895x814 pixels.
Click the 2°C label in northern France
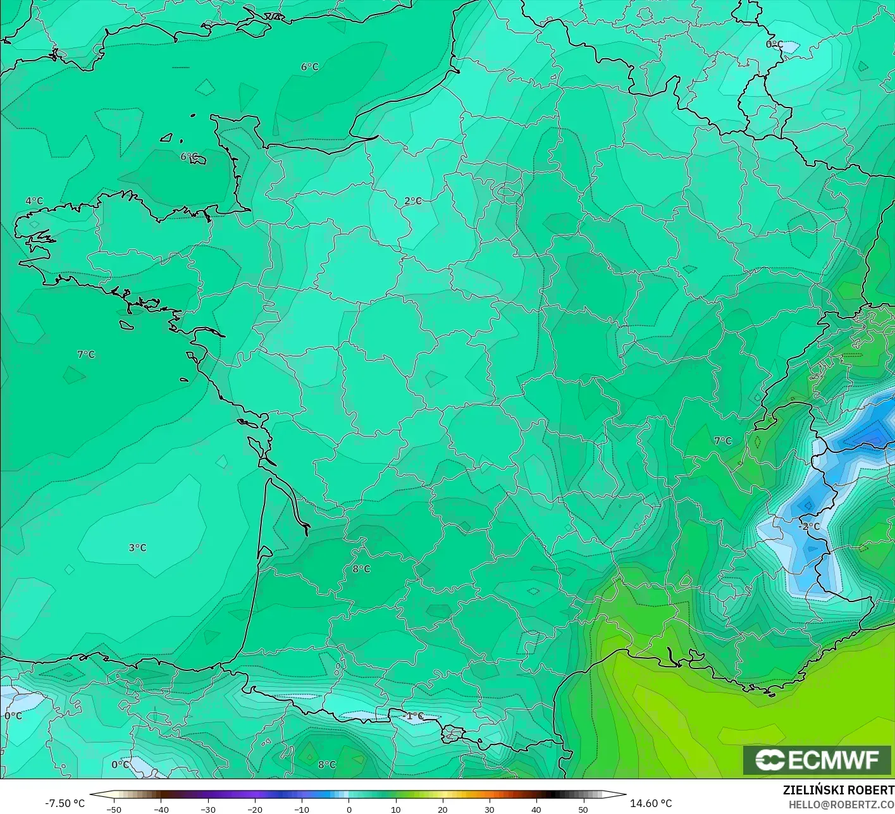pyautogui.click(x=413, y=201)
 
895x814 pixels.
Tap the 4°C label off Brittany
pyautogui.click(x=34, y=201)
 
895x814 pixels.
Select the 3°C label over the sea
pyautogui.click(x=137, y=548)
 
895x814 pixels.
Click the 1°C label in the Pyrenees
pyautogui.click(x=415, y=716)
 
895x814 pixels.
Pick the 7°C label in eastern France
pyautogui.click(x=722, y=441)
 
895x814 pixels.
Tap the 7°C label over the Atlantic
pyautogui.click(x=86, y=354)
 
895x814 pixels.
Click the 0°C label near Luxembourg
pyautogui.click(x=774, y=44)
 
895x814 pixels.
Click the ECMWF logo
pyautogui.click(x=817, y=760)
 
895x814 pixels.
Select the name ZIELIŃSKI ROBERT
pyautogui.click(x=838, y=790)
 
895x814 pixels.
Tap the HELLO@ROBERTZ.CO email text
pyautogui.click(x=841, y=804)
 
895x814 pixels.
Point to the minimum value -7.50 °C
pyautogui.click(x=65, y=803)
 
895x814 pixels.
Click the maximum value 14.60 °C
pyautogui.click(x=651, y=803)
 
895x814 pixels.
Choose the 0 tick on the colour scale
pyautogui.click(x=349, y=809)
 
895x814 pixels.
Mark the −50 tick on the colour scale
pyautogui.click(x=114, y=809)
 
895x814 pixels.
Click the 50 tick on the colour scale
pyautogui.click(x=583, y=809)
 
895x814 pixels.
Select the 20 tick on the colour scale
pyautogui.click(x=443, y=809)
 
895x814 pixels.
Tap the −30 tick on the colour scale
pyautogui.click(x=207, y=809)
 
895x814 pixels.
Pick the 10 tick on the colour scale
pyautogui.click(x=396, y=809)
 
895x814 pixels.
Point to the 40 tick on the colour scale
pyautogui.click(x=536, y=809)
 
